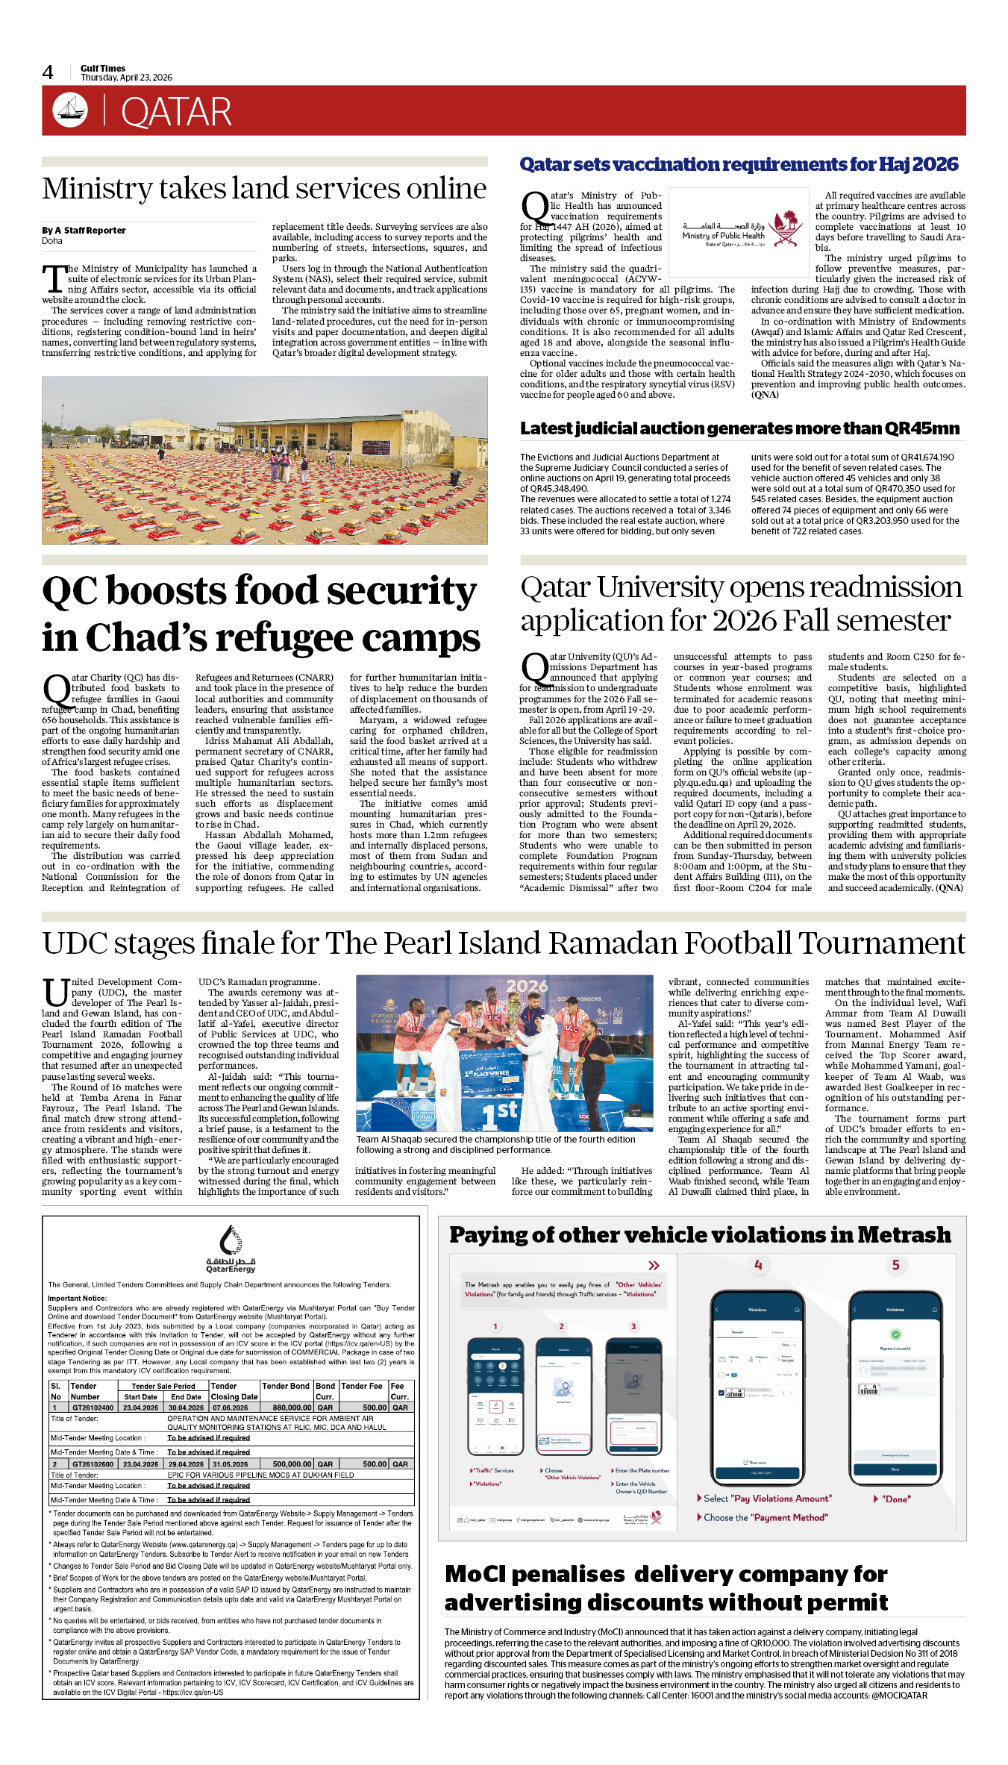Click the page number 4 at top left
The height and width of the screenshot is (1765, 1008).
coord(48,72)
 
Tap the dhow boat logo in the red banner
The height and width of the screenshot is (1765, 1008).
coord(70,110)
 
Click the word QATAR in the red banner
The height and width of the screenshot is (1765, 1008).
coord(176,113)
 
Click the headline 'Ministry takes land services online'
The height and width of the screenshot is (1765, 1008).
coord(264,189)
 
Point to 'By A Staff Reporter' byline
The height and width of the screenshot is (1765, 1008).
coord(84,231)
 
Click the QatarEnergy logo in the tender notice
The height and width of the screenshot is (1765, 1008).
coord(231,1249)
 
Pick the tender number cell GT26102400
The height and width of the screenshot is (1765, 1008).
coord(93,1408)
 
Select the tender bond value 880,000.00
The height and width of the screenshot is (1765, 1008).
coord(292,1408)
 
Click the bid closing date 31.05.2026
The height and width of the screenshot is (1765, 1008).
coord(230,1464)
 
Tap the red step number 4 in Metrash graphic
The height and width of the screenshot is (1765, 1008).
coord(758,1265)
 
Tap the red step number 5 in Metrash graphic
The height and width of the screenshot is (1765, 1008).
coord(896,1265)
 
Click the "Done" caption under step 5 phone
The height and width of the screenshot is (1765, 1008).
coord(895,1499)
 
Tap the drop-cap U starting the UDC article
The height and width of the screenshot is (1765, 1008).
coord(56,993)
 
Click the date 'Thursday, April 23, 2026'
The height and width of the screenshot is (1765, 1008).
coord(126,78)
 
